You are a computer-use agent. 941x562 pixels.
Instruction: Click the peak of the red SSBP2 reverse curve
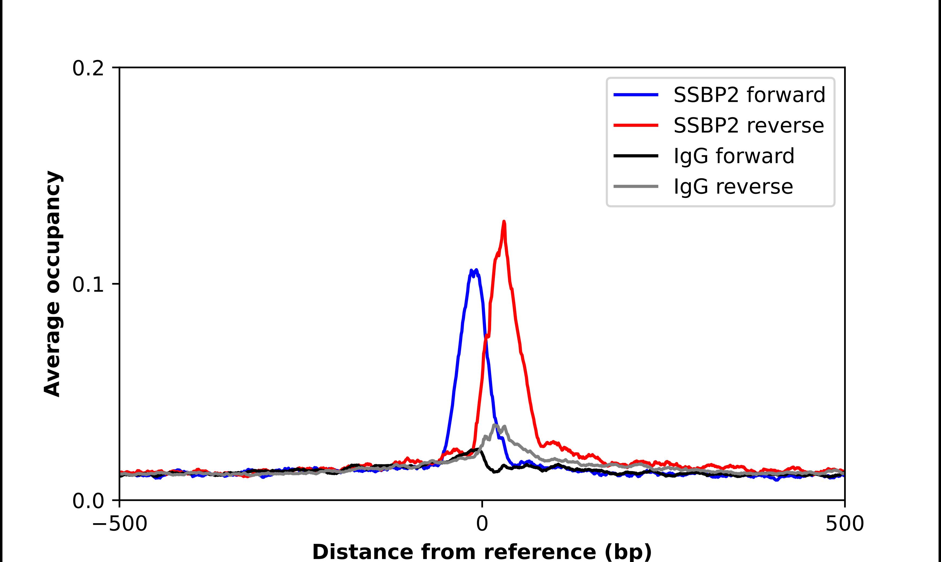504,222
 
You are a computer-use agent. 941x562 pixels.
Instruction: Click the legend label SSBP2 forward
749,95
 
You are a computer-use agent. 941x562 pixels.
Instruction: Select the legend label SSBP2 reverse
748,125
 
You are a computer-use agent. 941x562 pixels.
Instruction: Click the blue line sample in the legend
636,95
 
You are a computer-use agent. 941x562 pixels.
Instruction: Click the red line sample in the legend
636,125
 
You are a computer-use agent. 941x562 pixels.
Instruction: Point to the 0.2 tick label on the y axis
88,68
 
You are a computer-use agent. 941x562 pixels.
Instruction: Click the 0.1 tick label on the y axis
88,285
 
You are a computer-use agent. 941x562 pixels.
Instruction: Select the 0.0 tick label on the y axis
88,501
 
